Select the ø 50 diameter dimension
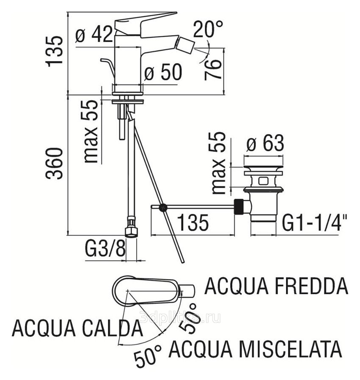(x=163, y=73)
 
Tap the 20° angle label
(x=208, y=30)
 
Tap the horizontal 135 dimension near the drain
(x=192, y=222)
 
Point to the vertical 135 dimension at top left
(x=55, y=51)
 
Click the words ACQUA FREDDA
(x=276, y=286)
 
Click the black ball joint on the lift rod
(x=162, y=207)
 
